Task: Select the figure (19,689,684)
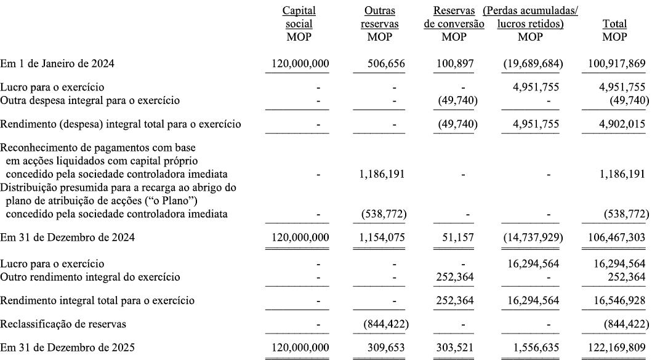[530, 63]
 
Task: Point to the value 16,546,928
[614, 301]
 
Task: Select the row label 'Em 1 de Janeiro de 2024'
[58, 63]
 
